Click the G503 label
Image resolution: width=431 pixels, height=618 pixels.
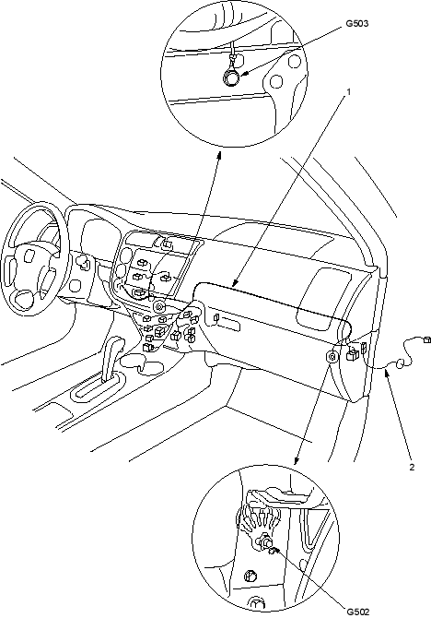tap(357, 24)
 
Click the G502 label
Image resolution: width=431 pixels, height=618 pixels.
tap(358, 612)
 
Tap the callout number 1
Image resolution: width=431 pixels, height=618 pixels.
tap(348, 92)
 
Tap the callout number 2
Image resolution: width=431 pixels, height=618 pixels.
tap(412, 468)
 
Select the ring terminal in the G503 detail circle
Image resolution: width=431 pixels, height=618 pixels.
tap(231, 77)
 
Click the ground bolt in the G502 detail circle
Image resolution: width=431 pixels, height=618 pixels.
tap(264, 543)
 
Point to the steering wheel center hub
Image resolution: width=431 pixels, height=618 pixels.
tap(29, 257)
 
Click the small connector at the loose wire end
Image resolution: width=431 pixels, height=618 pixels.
tap(426, 339)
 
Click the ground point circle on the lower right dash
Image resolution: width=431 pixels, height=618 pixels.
tap(332, 357)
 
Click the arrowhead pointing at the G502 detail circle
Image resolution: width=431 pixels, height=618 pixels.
tap(297, 458)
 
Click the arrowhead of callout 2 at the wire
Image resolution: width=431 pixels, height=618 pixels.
tap(387, 374)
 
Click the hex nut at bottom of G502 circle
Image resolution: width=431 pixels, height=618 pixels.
tap(250, 576)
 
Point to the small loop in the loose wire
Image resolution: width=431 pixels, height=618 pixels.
tap(400, 363)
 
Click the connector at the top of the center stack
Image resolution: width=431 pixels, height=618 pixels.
tap(166, 244)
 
